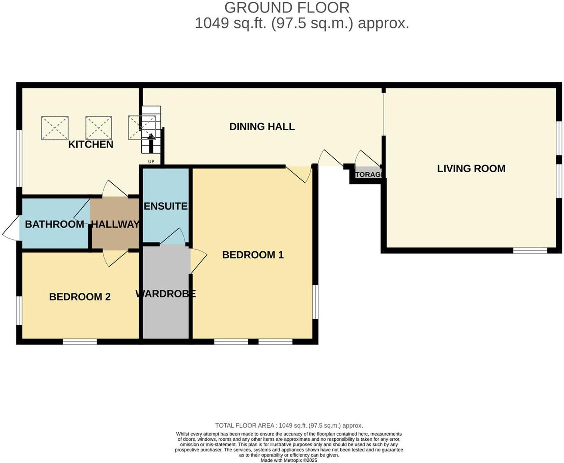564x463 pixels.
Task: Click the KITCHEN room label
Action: click(90, 145)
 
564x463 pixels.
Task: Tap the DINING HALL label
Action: click(262, 127)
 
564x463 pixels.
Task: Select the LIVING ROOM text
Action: click(471, 169)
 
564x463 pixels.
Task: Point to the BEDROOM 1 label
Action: click(253, 255)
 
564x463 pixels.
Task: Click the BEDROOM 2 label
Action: click(80, 297)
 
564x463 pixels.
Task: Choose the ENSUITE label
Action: click(165, 206)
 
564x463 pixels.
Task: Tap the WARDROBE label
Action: click(165, 294)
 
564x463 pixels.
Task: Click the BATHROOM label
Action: click(54, 224)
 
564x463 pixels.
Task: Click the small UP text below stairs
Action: click(151, 162)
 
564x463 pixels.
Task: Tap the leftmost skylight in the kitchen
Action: click(55, 128)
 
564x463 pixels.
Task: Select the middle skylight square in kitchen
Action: click(98, 128)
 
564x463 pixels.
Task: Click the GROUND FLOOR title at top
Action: click(287, 8)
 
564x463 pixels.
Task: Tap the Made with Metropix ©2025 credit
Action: click(289, 460)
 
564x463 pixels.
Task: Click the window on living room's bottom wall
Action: click(530, 250)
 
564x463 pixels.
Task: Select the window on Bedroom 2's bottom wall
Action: click(80, 342)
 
